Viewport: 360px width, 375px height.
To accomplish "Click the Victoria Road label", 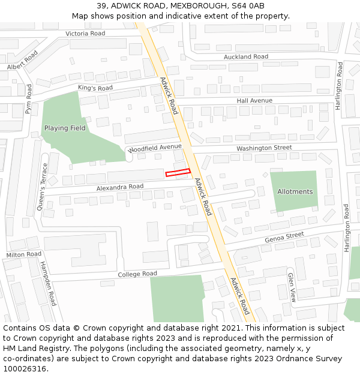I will [85, 34].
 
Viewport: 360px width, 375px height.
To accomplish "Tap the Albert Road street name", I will [23, 60].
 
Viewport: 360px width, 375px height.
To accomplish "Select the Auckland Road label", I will [246, 56].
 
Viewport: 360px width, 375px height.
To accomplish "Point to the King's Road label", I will [95, 88].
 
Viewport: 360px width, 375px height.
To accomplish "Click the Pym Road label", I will [28, 100].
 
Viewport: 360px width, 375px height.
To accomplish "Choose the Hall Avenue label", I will [254, 100].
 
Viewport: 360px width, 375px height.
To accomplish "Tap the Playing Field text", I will [65, 128].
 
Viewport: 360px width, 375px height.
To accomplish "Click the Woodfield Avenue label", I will [155, 147].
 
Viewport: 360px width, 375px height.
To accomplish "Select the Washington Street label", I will [264, 148].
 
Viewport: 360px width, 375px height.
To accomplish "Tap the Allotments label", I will [295, 191].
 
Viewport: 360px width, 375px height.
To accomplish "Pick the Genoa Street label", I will [284, 238].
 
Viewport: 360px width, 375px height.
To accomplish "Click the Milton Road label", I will [24, 255].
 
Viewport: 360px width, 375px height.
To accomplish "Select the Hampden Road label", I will [48, 283].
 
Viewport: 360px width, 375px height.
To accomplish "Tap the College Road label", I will [137, 274].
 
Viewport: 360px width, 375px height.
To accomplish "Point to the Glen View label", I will [292, 287].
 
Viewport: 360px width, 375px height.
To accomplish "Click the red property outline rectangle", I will [178, 173].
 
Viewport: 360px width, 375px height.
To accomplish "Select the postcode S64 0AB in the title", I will [248, 6].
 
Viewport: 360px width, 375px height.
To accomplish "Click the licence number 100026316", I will [25, 368].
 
